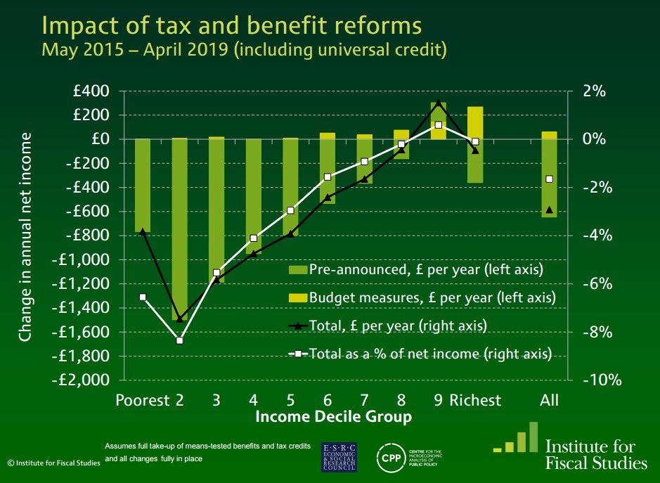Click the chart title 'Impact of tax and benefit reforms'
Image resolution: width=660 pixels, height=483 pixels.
tap(232, 25)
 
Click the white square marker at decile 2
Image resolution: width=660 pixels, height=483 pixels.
tap(179, 341)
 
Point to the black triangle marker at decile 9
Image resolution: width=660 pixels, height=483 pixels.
tap(438, 103)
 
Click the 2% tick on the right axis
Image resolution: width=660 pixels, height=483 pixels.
tap(594, 91)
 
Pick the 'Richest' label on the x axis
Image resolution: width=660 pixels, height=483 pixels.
tap(475, 401)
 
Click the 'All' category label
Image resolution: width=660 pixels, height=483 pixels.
tap(549, 401)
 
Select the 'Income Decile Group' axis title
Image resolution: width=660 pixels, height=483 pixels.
tap(333, 418)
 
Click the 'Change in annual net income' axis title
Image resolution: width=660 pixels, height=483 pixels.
tap(26, 236)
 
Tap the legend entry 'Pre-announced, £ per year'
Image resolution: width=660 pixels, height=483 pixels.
tap(416, 269)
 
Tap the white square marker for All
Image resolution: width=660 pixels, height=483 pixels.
tap(549, 179)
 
